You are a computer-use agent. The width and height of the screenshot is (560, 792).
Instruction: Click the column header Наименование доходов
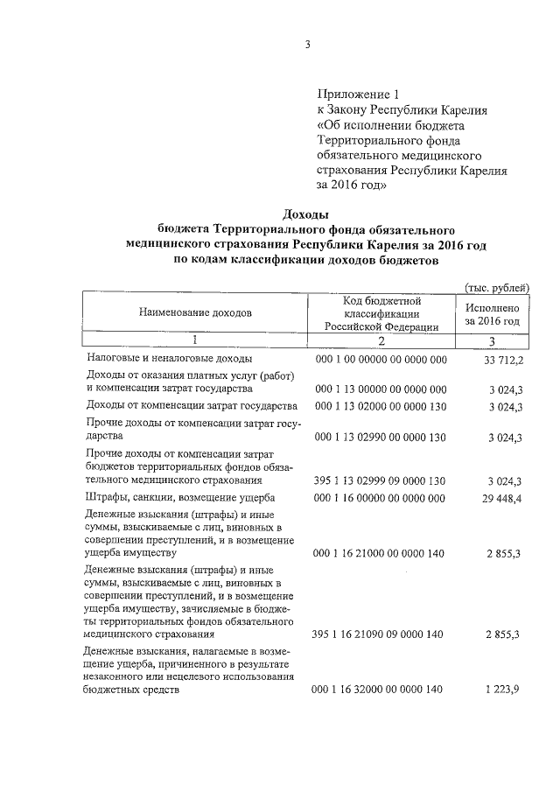pos(194,312)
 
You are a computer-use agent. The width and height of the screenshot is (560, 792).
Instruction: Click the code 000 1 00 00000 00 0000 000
pos(380,360)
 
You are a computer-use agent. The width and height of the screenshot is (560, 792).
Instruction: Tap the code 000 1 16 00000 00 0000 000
pos(380,498)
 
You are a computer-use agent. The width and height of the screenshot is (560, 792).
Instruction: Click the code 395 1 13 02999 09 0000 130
pos(380,481)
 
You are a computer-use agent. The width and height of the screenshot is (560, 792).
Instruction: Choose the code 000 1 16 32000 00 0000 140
pos(380,690)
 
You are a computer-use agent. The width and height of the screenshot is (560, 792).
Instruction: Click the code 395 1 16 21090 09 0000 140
pos(380,634)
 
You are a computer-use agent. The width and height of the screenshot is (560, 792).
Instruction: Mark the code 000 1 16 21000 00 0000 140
pos(380,553)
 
